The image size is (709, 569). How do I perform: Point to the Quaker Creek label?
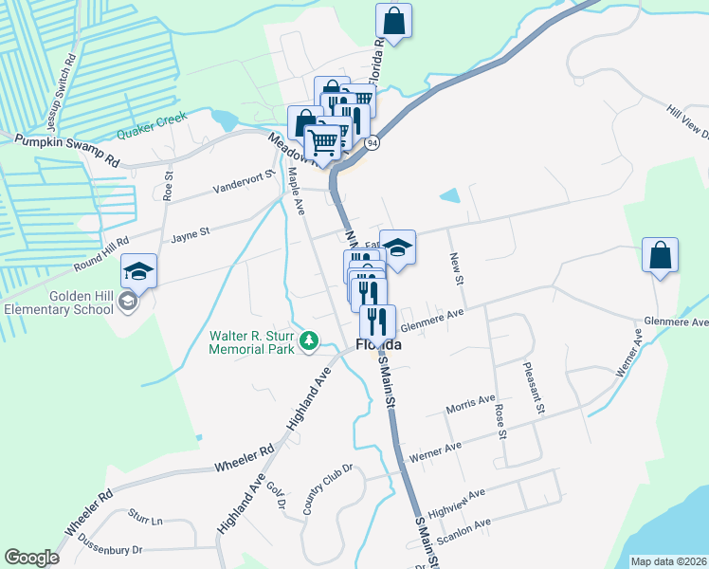tap(152, 124)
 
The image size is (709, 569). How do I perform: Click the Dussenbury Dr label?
tap(110, 549)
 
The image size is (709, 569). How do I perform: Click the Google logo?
tap(31, 558)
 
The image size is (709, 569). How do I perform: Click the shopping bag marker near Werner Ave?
tap(660, 256)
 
